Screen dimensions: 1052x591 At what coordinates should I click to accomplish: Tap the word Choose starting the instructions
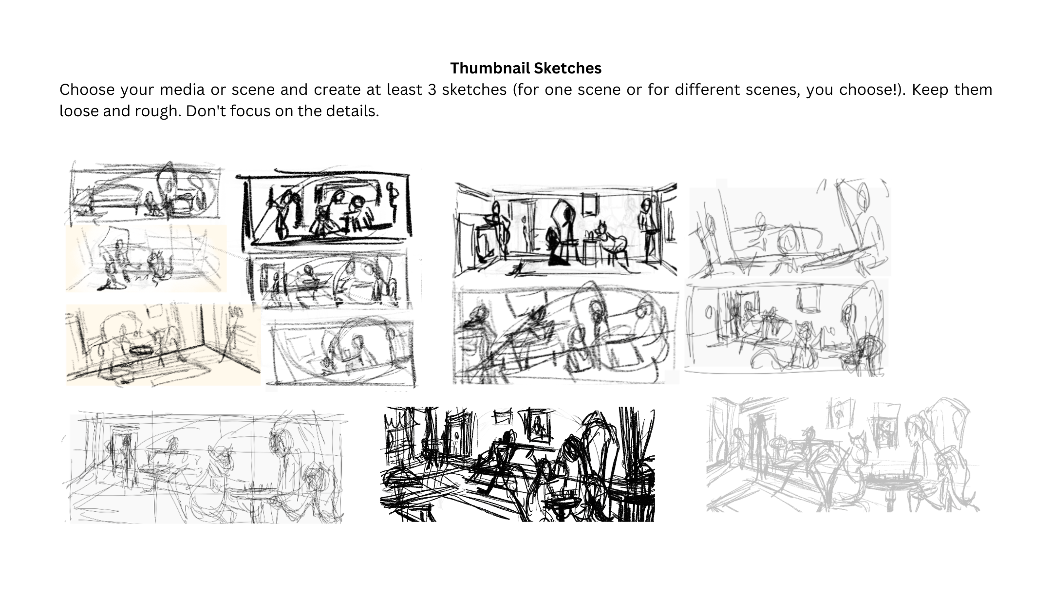tap(87, 90)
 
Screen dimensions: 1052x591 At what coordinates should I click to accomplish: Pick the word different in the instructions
tap(717, 90)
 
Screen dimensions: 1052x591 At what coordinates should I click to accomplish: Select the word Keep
tap(930, 90)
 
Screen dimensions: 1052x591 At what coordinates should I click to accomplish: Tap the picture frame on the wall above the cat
tap(590, 204)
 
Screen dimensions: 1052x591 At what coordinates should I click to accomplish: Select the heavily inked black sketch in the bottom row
tap(518, 464)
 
